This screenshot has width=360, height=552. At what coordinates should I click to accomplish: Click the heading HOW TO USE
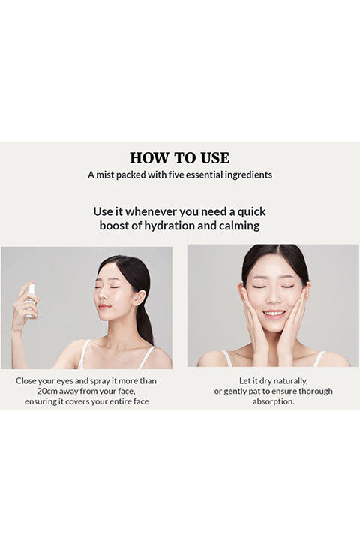[x=179, y=158]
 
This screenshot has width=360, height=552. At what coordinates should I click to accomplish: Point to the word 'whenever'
[x=151, y=212]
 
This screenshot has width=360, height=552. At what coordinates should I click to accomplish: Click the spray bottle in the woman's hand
[x=31, y=300]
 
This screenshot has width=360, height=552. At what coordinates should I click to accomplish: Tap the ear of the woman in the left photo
[x=139, y=298]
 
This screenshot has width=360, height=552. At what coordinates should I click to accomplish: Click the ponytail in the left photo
[x=145, y=324]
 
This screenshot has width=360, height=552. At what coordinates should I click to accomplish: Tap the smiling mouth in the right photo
[x=274, y=313]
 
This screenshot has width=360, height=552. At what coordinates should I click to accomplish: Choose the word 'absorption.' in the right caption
[x=273, y=402]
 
